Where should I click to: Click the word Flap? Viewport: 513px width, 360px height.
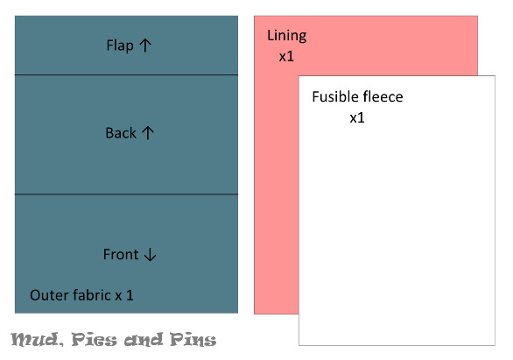click(x=120, y=46)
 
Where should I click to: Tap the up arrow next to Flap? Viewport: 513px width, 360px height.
click(x=145, y=46)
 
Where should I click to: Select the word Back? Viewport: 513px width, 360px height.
click(x=121, y=133)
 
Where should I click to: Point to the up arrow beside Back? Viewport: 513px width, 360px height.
click(x=148, y=133)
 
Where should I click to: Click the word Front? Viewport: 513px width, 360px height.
click(x=121, y=254)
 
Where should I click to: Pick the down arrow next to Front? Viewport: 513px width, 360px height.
click(x=151, y=254)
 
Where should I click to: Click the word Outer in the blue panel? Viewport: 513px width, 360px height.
click(x=49, y=295)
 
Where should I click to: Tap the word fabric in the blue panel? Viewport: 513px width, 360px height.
click(x=92, y=295)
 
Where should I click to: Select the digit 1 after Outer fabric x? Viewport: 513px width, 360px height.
click(x=130, y=295)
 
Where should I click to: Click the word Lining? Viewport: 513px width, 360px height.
click(x=286, y=36)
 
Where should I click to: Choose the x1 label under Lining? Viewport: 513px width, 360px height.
click(x=286, y=57)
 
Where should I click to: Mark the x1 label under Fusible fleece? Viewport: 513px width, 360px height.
click(x=357, y=118)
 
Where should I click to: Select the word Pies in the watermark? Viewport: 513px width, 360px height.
click(x=95, y=339)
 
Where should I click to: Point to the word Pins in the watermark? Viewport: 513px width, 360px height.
click(x=193, y=339)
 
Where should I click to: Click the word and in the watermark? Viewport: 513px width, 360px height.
click(x=144, y=340)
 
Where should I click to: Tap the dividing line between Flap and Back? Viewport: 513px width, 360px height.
click(x=126, y=75)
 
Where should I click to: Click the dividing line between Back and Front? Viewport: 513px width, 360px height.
click(x=126, y=194)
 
